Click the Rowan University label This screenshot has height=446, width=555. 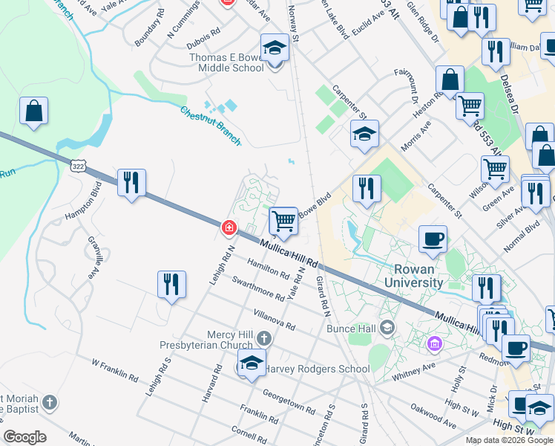[x=414, y=275]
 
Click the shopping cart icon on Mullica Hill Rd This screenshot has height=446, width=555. [x=283, y=221]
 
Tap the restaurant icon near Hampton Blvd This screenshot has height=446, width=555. [x=131, y=183]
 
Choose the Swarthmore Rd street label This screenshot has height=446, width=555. [x=257, y=288]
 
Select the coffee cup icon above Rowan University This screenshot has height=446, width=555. [x=433, y=239]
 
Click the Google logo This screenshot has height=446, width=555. [x=25, y=437]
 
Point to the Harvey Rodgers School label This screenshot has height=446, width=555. [x=318, y=369]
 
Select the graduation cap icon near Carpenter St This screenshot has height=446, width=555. [x=364, y=135]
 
